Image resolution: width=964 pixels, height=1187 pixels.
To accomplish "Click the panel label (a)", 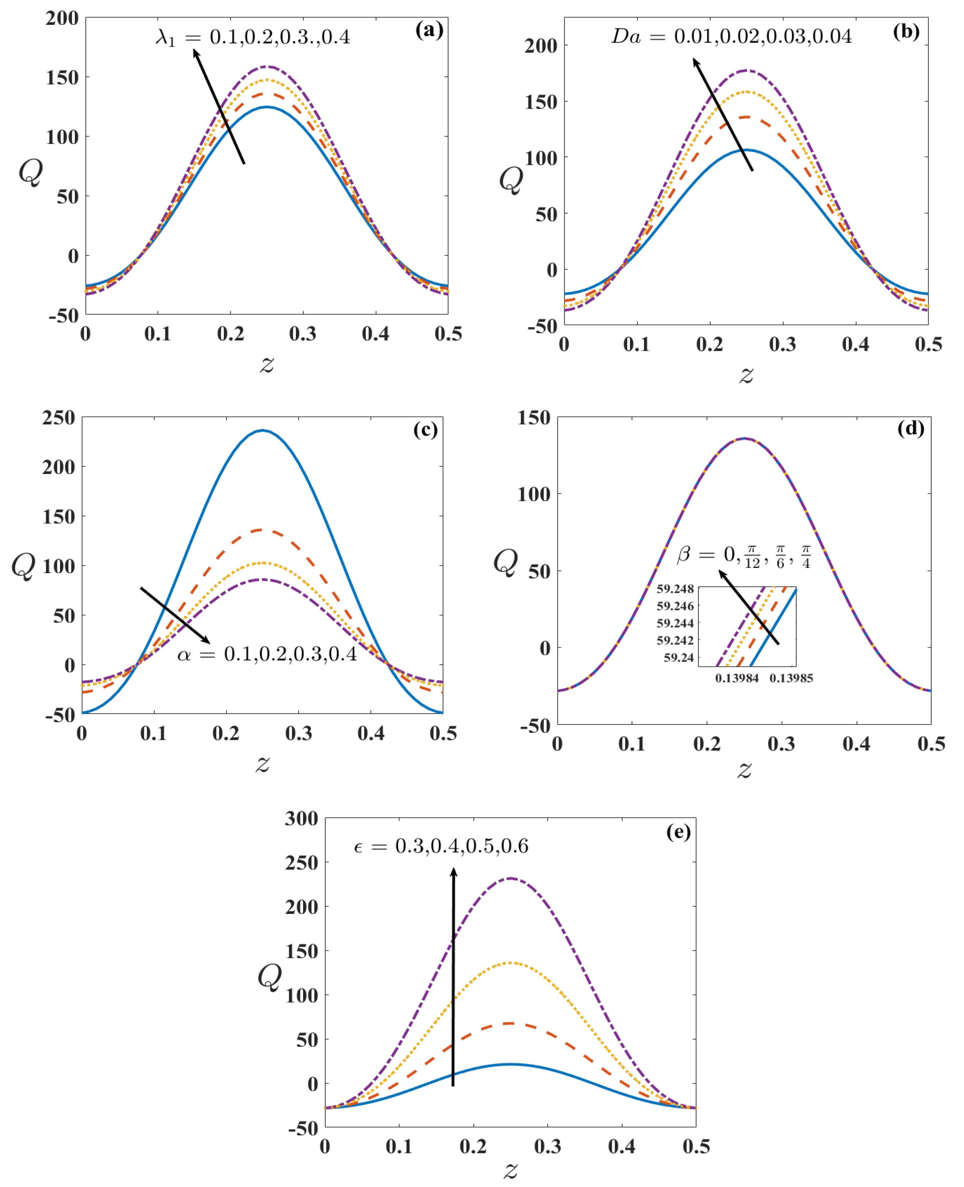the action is (429, 30).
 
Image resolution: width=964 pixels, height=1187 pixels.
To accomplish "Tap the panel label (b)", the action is (906, 31).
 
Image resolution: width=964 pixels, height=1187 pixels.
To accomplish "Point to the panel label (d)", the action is (911, 429).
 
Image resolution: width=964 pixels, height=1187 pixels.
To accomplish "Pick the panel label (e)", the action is (679, 832).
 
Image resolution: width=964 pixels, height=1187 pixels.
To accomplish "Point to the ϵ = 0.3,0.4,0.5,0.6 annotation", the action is (441, 846).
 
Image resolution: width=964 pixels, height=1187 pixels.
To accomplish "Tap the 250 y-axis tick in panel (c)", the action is (58, 418).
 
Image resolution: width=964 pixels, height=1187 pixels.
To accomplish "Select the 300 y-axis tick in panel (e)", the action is (302, 818).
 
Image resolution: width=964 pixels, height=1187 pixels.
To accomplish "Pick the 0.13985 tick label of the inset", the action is (791, 678).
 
